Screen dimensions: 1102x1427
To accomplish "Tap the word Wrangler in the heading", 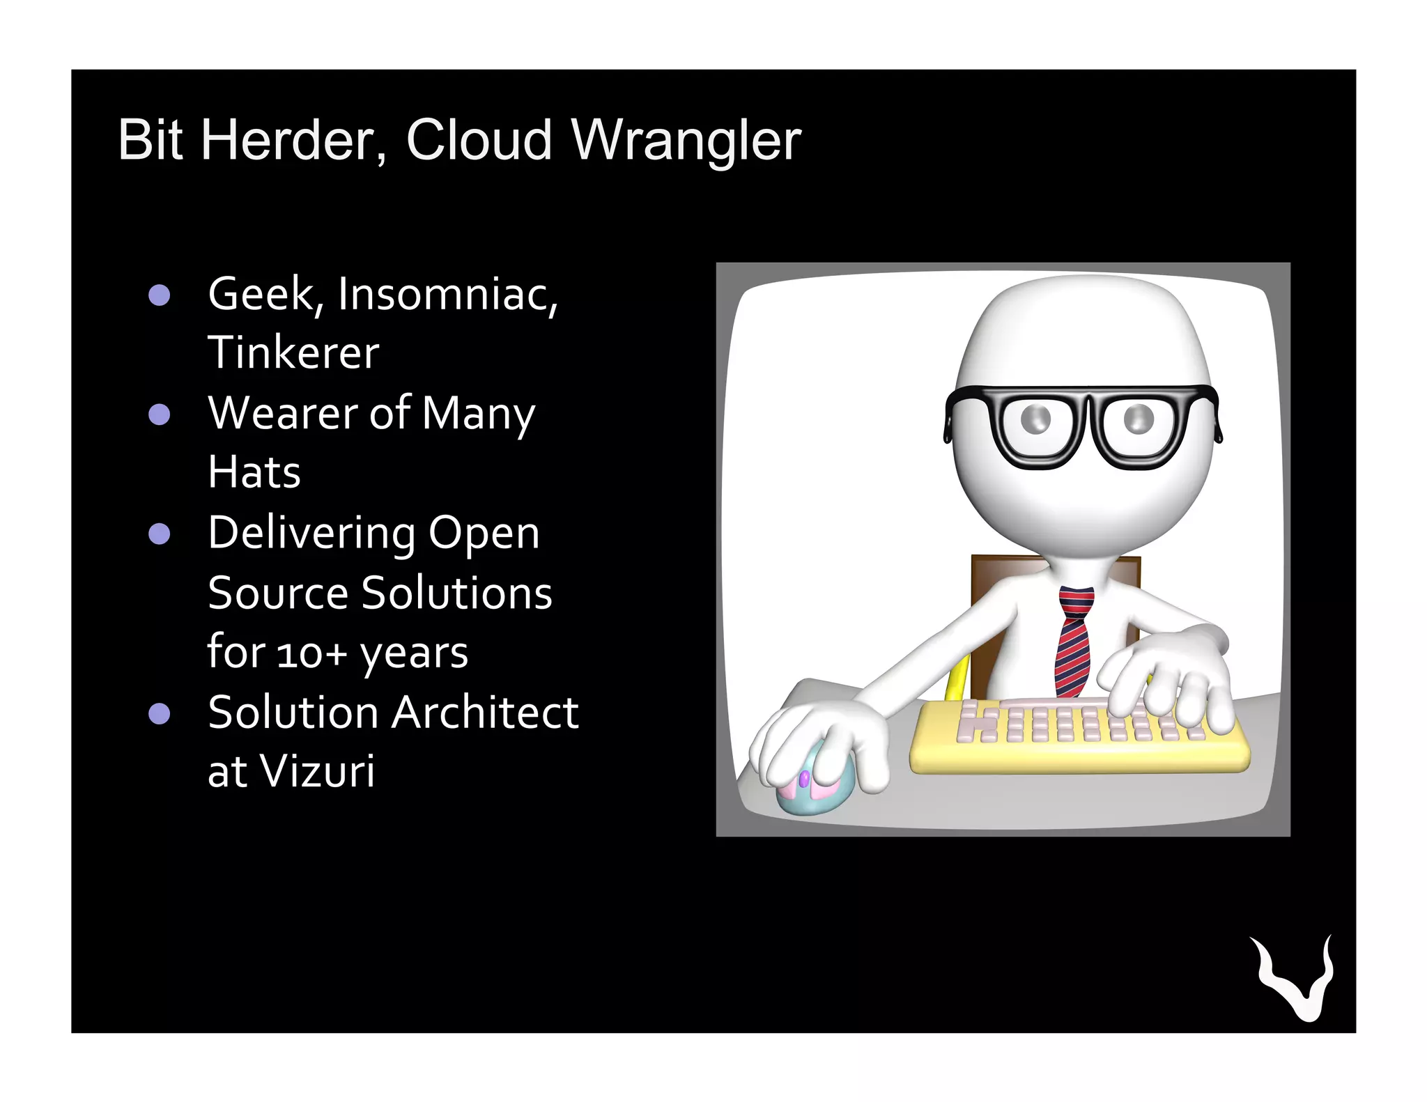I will pyautogui.click(x=686, y=141).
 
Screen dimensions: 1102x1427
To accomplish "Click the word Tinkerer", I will pyautogui.click(x=293, y=353).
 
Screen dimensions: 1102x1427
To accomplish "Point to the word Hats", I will pyautogui.click(x=254, y=473).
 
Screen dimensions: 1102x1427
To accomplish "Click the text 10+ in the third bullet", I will pyautogui.click(x=311, y=654).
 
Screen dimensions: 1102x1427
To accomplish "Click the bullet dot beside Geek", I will pyautogui.click(x=160, y=295).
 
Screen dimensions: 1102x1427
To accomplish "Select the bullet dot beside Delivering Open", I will pyautogui.click(x=160, y=534).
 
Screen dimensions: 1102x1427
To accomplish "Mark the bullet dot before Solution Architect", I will pyautogui.click(x=160, y=714).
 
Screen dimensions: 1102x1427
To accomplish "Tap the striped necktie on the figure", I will pyautogui.click(x=1073, y=641).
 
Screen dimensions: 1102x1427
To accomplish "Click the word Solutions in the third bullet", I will pyautogui.click(x=456, y=594).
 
